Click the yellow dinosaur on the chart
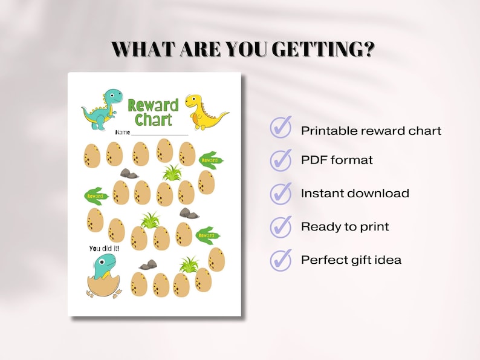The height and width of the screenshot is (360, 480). (x=203, y=112)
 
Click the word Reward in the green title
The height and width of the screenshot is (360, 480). (x=153, y=105)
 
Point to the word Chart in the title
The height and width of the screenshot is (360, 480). (x=153, y=120)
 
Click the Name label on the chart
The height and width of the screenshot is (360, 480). (x=123, y=133)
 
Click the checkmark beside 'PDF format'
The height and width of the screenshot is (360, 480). (x=281, y=160)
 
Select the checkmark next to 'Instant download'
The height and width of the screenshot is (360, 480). (x=281, y=194)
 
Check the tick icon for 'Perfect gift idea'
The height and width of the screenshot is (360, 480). (x=281, y=260)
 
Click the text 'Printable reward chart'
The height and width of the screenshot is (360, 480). (x=371, y=131)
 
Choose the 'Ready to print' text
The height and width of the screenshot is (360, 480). (x=345, y=227)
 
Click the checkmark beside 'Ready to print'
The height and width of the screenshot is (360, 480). (x=281, y=227)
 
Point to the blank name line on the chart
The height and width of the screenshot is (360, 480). (x=160, y=134)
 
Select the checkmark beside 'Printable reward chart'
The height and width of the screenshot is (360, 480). (x=281, y=128)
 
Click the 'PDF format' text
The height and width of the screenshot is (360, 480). (x=337, y=160)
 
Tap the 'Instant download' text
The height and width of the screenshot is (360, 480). (x=355, y=194)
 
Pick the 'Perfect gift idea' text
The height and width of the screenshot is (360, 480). (x=351, y=260)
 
